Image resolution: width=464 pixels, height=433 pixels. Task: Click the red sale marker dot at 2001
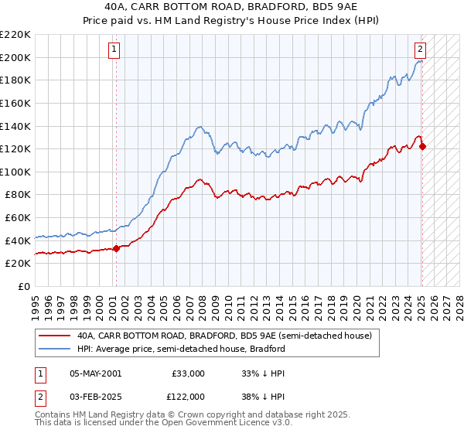pos(116,248)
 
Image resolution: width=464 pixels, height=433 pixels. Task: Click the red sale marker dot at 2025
pos(422,146)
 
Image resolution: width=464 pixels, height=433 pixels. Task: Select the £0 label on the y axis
pos(24,286)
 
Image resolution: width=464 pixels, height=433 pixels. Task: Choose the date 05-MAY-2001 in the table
pos(95,373)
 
